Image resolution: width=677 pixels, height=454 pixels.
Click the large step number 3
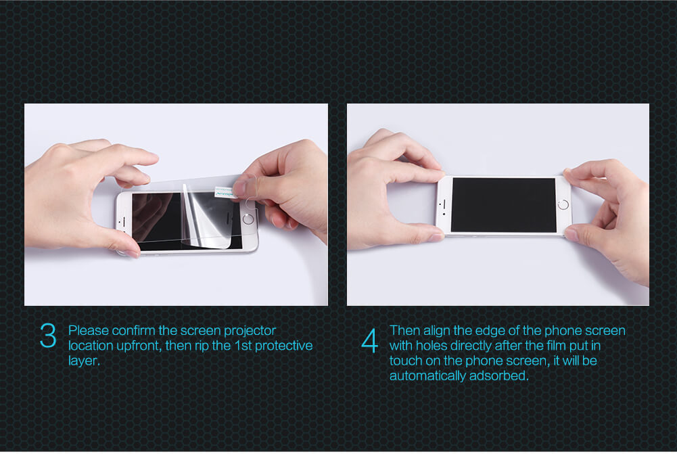point(48,336)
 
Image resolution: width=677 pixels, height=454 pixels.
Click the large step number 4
point(369,341)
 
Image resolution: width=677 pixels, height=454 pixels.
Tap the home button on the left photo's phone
point(248,219)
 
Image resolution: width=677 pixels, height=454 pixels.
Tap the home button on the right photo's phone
point(563,204)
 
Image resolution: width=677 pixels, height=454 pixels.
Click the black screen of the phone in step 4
point(503,205)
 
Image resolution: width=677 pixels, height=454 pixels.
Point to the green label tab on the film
point(224,191)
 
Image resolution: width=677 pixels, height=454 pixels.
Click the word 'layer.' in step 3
point(84,361)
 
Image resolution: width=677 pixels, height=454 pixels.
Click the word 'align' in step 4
point(436,330)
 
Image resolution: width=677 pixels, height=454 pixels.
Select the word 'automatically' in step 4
point(427,376)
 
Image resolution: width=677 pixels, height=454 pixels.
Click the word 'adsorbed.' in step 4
point(498,376)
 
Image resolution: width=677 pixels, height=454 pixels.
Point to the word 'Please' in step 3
point(89,330)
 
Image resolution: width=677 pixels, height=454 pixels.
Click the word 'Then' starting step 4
point(404,330)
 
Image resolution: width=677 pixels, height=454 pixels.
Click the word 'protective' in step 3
point(283,346)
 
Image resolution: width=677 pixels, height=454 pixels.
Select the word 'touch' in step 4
point(405,361)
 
